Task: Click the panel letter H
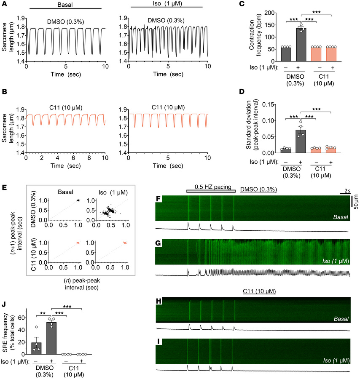coord(159,301)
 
